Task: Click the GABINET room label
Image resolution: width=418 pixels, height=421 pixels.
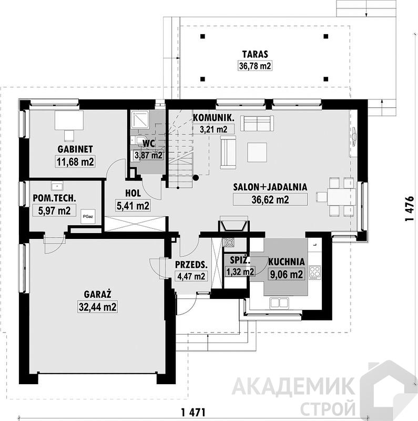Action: click(75, 149)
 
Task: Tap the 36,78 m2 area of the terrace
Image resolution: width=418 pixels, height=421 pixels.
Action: click(255, 66)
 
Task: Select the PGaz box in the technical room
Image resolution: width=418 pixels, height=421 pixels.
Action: click(88, 216)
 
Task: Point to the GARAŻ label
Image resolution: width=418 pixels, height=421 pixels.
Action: click(97, 294)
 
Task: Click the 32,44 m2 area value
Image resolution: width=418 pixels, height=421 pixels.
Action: click(97, 307)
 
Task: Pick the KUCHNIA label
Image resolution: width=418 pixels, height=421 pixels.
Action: click(286, 262)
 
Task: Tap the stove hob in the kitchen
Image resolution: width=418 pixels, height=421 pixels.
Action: click(315, 272)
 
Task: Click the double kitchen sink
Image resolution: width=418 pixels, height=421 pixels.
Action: click(279, 303)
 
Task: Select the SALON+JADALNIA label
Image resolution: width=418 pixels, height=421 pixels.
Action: click(270, 187)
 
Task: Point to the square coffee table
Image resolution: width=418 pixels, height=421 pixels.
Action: click(257, 152)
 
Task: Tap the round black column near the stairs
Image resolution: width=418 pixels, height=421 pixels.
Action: click(196, 177)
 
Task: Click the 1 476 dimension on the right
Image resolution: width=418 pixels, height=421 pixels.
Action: click(409, 209)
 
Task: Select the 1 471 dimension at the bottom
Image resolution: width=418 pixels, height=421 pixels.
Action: click(193, 412)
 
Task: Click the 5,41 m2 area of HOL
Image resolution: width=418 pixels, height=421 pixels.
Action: click(133, 206)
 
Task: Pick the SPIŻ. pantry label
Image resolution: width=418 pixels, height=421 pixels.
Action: click(240, 260)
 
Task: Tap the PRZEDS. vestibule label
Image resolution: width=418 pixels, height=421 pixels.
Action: click(191, 265)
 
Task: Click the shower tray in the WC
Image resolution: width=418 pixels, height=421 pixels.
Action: click(140, 120)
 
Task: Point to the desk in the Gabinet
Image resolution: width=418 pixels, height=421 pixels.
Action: click(69, 121)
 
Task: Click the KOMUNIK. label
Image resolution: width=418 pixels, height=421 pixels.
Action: click(213, 117)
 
